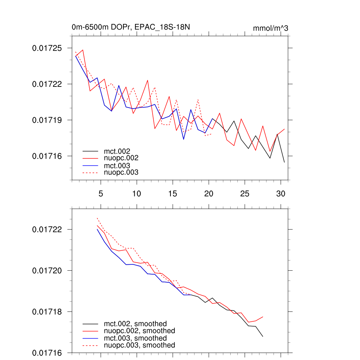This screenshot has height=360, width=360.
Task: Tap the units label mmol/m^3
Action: pos(270,28)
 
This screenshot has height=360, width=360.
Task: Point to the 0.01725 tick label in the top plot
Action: pos(46,48)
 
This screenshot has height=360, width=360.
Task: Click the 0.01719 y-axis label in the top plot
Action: pos(46,120)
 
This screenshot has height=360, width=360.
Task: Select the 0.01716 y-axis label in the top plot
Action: pos(46,156)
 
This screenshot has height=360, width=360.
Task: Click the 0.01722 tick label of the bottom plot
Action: pos(46,229)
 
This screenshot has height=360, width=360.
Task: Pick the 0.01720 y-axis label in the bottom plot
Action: pos(46,270)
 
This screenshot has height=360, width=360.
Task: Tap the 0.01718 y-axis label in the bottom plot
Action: pos(46,311)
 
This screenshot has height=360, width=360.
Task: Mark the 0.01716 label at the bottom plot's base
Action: pos(46,353)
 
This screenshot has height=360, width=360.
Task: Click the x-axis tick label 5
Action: pos(101,194)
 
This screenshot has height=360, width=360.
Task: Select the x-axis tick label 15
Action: pos(173,194)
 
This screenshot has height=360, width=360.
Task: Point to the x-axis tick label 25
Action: pos(245,194)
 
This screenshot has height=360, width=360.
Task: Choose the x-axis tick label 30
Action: pos(281,194)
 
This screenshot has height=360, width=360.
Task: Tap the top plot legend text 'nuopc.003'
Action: pos(121,172)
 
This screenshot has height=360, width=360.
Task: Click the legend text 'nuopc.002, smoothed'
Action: pos(139,331)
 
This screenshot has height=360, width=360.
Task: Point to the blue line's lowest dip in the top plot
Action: pos(184,140)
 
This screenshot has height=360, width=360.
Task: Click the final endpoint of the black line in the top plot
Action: pos(284,162)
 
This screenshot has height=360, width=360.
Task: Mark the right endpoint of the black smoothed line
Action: pos(263,336)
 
